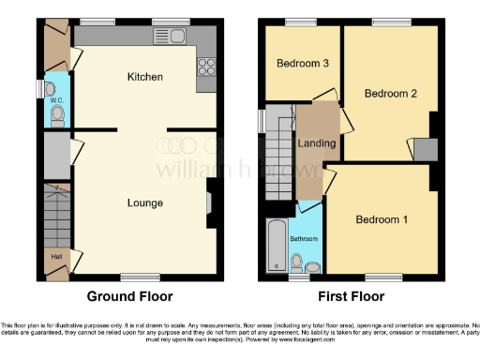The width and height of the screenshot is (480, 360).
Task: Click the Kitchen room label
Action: point(146,76)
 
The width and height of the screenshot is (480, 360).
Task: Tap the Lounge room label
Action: point(146,202)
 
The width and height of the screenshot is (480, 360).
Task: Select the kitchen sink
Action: point(171,36)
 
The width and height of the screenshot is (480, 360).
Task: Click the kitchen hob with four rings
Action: point(207,67)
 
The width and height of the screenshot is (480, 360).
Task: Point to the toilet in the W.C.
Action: point(57,115)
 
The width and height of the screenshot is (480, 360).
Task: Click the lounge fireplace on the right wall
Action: point(209,202)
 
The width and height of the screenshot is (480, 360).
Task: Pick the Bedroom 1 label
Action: point(382,220)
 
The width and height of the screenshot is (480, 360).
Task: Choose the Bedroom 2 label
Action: point(390,94)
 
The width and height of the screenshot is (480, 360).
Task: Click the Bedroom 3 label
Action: point(302,64)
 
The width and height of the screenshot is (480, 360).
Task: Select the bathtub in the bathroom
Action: point(277,247)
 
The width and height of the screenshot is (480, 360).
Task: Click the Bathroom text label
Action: point(305,239)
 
